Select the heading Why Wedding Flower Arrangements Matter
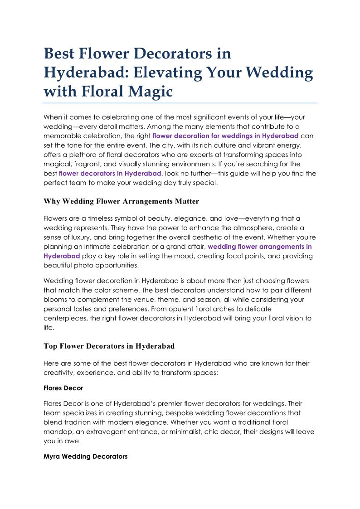(x=121, y=201)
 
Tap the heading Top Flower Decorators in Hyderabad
(x=109, y=346)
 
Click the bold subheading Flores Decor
(x=63, y=388)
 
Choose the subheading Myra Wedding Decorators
(x=85, y=456)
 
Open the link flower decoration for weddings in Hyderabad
(x=225, y=136)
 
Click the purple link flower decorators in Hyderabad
(x=110, y=173)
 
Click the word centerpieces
(x=64, y=318)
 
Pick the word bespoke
(x=193, y=413)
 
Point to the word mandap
(x=56, y=432)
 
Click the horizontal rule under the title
(x=180, y=103)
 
